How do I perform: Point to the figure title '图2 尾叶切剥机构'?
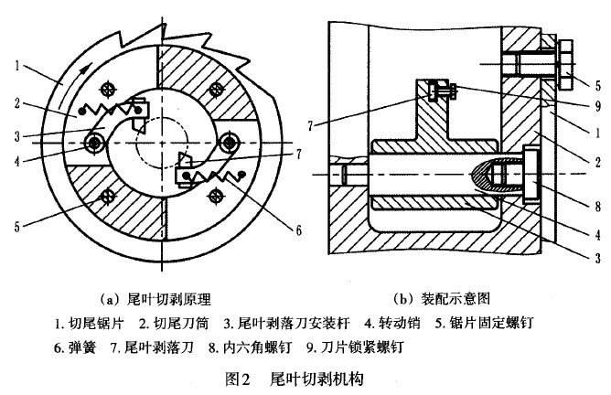305,377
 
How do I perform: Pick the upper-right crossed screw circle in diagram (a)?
217,89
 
